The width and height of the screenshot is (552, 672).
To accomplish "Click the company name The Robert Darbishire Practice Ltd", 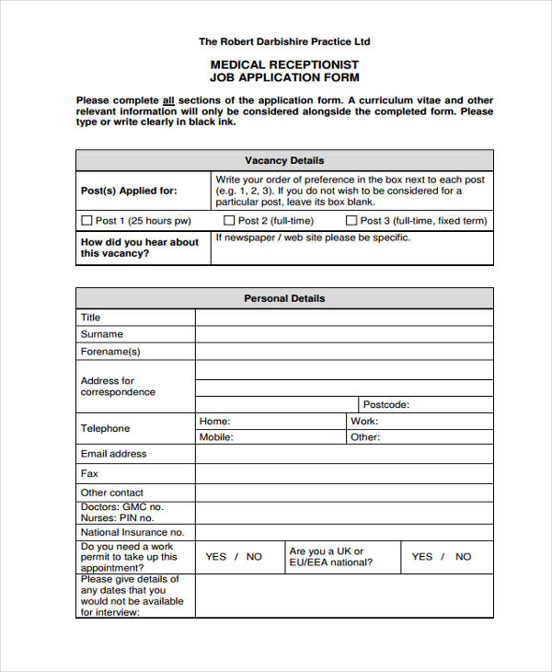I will pos(284,41).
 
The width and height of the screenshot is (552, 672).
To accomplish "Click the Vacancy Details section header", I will pos(284,160).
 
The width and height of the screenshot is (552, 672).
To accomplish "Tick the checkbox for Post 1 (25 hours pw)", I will pos(87,221).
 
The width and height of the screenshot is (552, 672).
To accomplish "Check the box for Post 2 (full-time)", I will pos(229,221).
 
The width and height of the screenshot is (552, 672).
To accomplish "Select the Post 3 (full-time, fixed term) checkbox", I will pos(351,221).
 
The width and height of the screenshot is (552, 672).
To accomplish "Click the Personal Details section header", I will pos(284,298).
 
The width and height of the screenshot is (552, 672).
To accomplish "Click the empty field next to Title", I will pos(343,318).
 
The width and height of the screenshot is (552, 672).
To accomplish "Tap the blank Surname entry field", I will pos(343,334).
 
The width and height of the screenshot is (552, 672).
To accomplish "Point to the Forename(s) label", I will pos(110,352).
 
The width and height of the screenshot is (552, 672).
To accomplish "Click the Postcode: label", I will pos(385,404).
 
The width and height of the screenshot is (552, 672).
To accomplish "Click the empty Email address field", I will pos(343,454).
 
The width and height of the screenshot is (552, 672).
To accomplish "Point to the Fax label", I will pos(89,473).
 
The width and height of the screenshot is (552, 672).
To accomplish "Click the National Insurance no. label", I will pos(132,532).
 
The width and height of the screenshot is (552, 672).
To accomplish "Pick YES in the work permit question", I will pos(215,557).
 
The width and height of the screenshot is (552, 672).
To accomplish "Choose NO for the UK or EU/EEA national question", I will pos(463,557).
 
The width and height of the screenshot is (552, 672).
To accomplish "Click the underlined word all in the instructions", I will pos(168,100).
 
